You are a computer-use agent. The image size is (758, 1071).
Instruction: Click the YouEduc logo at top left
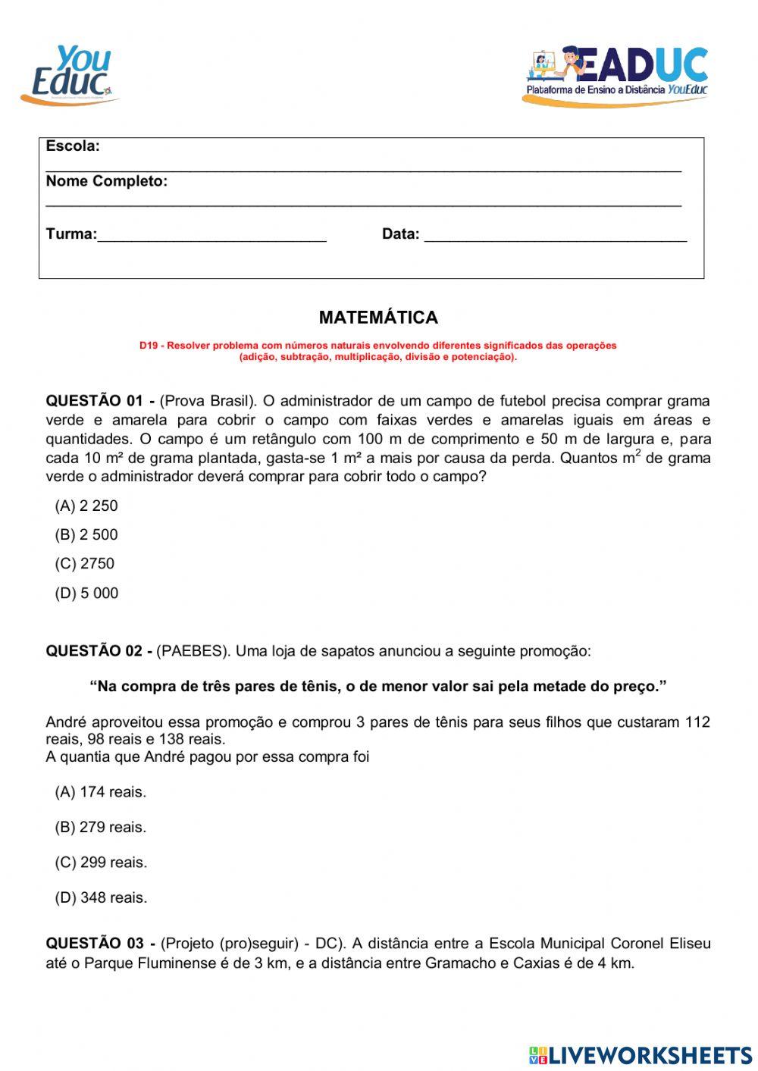[x=70, y=74]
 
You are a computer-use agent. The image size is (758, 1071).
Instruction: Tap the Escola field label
[x=73, y=146]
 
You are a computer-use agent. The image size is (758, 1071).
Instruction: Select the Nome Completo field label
[x=106, y=181]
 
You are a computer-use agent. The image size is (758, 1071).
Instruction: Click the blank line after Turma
[x=212, y=235]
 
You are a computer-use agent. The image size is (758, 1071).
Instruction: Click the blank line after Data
[x=555, y=235]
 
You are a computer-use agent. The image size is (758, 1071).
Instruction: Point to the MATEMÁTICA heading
[x=378, y=318]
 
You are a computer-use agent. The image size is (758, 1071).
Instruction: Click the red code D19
[x=148, y=346]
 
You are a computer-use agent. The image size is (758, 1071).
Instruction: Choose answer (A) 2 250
[x=86, y=506]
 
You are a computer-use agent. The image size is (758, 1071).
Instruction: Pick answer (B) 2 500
[x=86, y=534]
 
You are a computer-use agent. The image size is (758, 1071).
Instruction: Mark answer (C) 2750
[x=85, y=563]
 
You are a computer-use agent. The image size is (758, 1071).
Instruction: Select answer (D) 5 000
[x=86, y=593]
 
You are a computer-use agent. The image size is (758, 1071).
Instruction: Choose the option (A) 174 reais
[x=100, y=792]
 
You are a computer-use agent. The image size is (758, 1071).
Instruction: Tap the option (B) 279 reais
[x=100, y=827]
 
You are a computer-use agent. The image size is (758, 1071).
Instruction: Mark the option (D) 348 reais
[x=100, y=897]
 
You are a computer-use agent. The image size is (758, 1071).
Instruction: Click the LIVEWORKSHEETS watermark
[x=641, y=1055]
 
